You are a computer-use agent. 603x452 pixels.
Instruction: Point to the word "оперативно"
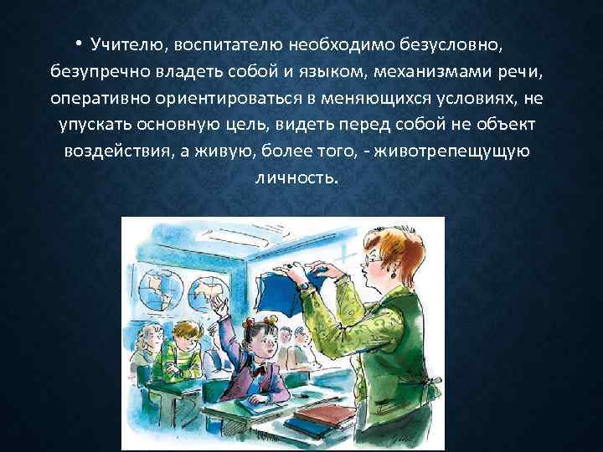[99, 98]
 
